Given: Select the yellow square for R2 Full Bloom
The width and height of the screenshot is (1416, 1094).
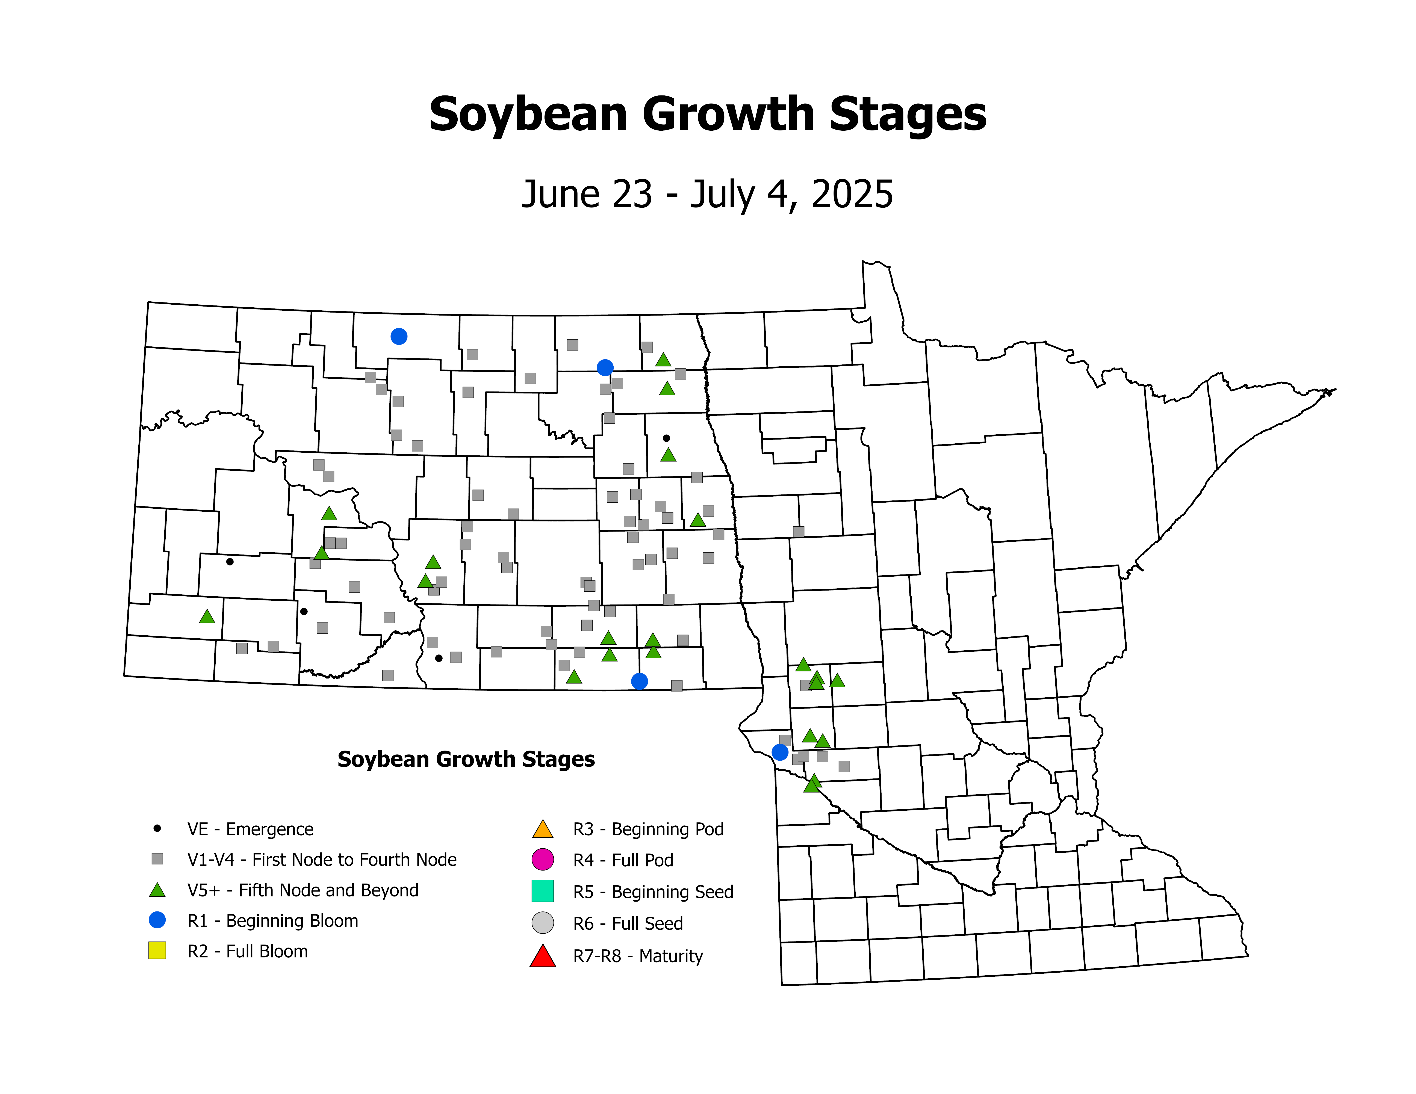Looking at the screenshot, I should point(157,951).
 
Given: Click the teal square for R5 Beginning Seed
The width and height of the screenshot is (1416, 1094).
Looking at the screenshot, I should point(543,891).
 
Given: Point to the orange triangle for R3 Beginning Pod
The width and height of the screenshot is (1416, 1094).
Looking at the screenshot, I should point(543,829).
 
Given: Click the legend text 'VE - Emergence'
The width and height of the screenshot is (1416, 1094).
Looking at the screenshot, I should point(250,829).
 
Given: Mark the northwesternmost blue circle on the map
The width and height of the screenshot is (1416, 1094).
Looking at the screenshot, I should point(399,336).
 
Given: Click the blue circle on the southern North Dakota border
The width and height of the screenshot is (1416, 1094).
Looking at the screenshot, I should point(639,681).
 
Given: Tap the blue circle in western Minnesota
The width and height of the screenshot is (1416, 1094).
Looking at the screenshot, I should point(780,753).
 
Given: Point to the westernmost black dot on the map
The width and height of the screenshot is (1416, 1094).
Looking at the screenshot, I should point(230,562).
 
